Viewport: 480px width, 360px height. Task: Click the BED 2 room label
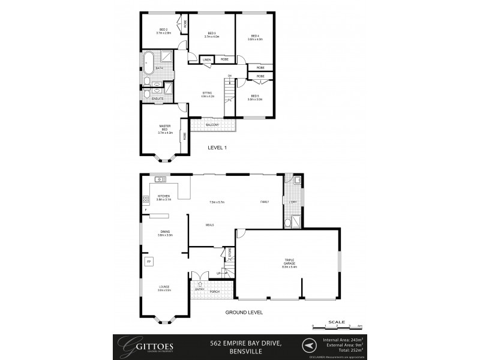(163, 29)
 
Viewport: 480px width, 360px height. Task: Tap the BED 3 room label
(211, 33)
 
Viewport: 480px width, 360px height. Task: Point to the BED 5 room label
(254, 95)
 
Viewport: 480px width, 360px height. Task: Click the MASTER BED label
(164, 128)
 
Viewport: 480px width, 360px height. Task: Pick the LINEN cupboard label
(206, 60)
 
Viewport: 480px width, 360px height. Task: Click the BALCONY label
(211, 125)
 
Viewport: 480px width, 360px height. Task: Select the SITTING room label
(207, 92)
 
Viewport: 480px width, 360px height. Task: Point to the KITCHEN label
(164, 196)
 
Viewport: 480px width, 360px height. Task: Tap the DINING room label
(165, 232)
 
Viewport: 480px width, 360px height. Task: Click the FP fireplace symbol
(148, 262)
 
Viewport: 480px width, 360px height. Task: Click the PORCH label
(214, 292)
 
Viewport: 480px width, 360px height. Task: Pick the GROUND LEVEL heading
(244, 313)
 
